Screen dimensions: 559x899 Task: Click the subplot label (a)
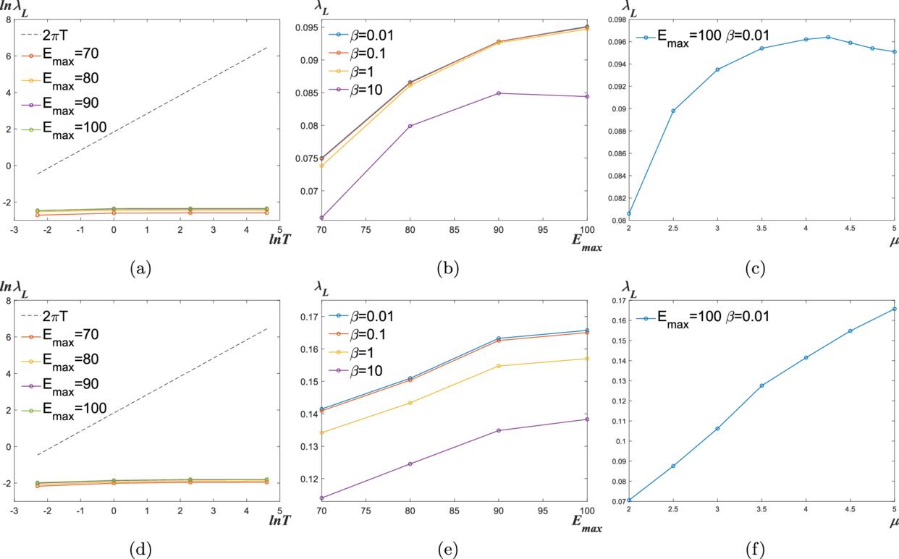pyautogui.click(x=140, y=269)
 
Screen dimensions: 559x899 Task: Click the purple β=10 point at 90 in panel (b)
pyautogui.click(x=499, y=93)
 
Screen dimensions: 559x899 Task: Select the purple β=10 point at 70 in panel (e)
pyautogui.click(x=321, y=498)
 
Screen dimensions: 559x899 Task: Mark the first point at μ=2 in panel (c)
pyautogui.click(x=629, y=214)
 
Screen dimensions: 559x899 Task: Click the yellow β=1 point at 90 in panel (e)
pyautogui.click(x=499, y=366)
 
